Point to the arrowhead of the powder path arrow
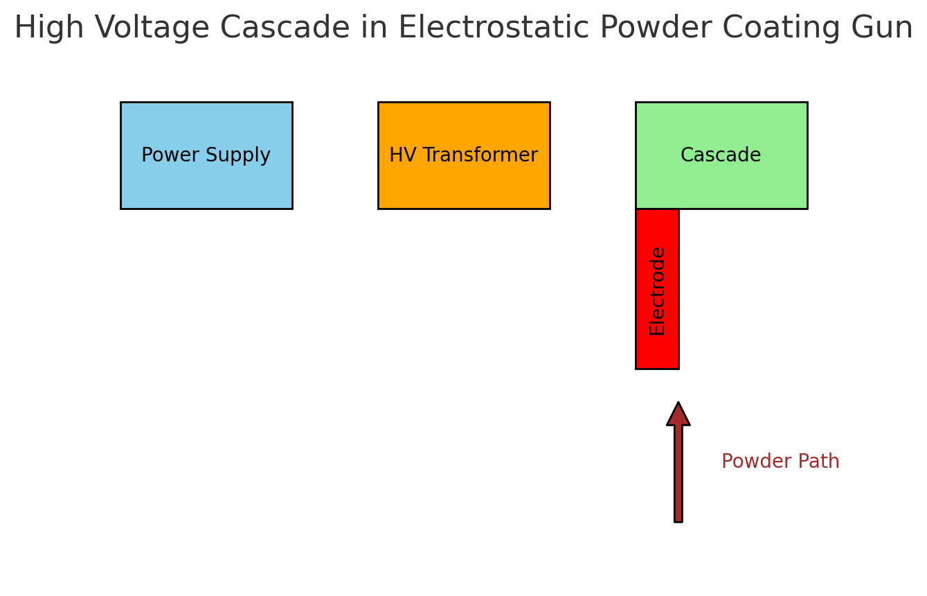pyautogui.click(x=678, y=415)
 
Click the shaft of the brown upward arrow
pyautogui.click(x=678, y=478)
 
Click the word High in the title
pyautogui.click(x=43, y=28)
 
